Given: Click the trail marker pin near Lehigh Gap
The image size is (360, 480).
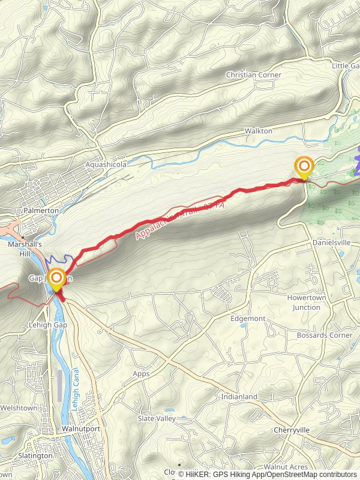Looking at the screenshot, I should point(57,280).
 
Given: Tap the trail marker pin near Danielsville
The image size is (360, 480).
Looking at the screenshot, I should point(304,167).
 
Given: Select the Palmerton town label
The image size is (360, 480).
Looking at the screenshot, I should point(41,211).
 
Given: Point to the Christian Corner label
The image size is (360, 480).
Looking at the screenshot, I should point(253,75).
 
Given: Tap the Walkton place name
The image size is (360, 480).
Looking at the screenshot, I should point(259,131).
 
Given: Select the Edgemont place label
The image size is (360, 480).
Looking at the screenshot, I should point(247,319).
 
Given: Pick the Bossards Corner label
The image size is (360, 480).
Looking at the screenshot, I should point(325,335).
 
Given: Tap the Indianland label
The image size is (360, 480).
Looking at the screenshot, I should point(239,397).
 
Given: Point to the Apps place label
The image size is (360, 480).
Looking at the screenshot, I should point(141,373).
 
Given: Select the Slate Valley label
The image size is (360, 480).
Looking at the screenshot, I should point(156,418).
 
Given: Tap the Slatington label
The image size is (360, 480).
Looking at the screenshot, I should point(35,456).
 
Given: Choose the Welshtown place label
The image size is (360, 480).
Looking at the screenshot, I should point(19,409).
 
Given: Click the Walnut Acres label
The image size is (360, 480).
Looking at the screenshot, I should point(286,467).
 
